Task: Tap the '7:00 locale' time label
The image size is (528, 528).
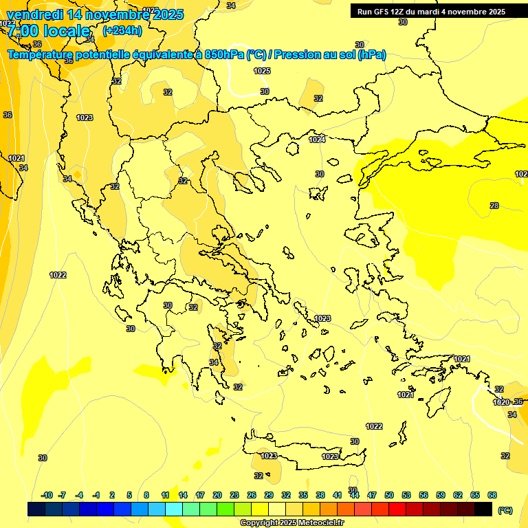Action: [x=48, y=31]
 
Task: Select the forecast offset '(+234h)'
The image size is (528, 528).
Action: [x=122, y=30]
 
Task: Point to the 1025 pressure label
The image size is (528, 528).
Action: [x=261, y=71]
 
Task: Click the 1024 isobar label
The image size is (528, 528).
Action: [x=316, y=140]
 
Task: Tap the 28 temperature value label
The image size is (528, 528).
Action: [x=494, y=206]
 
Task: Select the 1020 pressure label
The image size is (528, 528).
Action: [x=501, y=402]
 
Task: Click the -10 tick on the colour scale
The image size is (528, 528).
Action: [x=47, y=495]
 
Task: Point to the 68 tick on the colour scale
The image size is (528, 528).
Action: [x=492, y=495]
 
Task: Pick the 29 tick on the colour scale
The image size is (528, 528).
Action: [x=269, y=495]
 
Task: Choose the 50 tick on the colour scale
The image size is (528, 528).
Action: [x=389, y=495]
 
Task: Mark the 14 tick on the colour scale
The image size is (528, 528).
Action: [x=183, y=495]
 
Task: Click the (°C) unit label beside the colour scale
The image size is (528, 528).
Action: [x=505, y=510]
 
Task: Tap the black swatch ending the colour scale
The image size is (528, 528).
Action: [x=483, y=509]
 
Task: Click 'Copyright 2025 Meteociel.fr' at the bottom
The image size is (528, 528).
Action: [x=291, y=522]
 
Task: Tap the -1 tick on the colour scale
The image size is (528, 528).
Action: [x=96, y=495]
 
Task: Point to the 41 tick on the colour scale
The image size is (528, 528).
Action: [x=338, y=495]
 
